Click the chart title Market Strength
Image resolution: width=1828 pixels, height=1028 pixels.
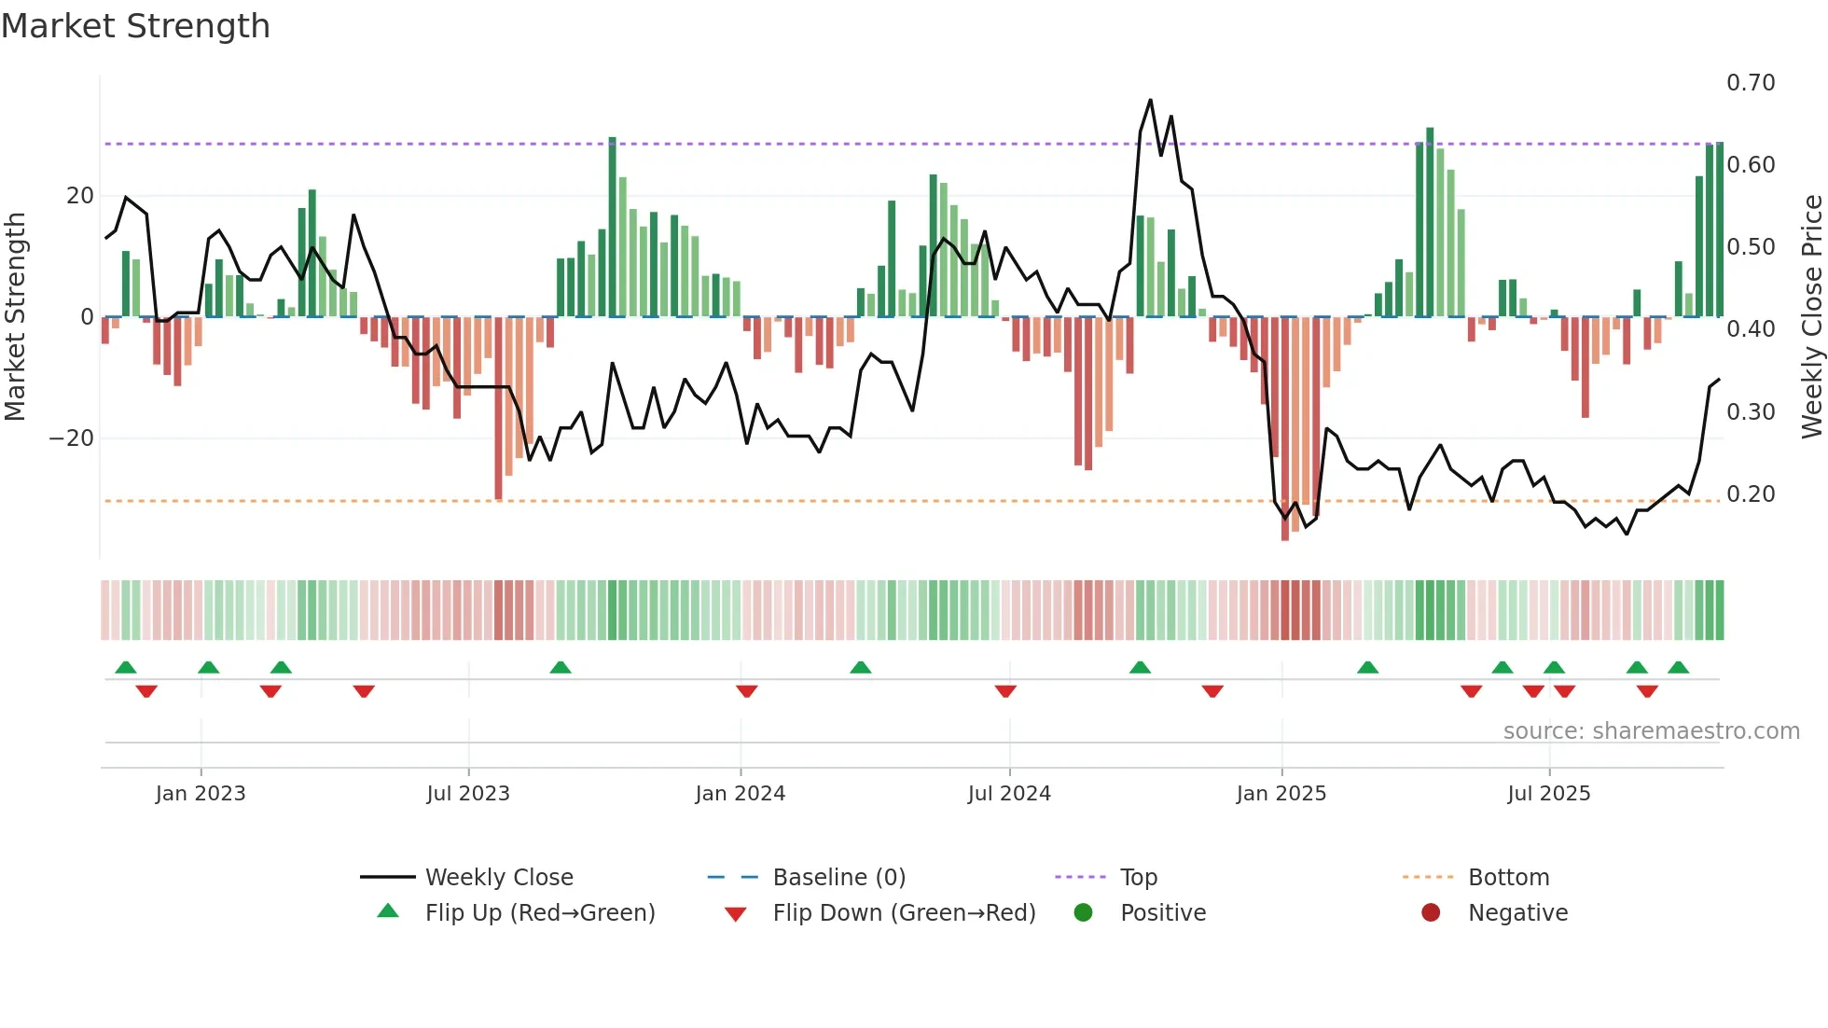pos(135,26)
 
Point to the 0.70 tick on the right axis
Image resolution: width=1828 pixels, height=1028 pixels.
pos(1751,83)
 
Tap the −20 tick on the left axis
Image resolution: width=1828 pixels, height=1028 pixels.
pos(72,438)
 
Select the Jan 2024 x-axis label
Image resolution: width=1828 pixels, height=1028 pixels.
pos(741,794)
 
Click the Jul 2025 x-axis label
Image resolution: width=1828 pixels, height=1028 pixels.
pos(1548,794)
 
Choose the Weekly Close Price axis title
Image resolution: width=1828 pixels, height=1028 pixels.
pos(1811,317)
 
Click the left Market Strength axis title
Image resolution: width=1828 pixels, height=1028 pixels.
pos(15,317)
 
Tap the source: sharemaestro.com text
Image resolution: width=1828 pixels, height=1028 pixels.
pos(1651,731)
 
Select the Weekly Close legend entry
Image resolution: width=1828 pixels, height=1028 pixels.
pos(499,878)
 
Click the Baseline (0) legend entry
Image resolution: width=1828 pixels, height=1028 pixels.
pos(838,878)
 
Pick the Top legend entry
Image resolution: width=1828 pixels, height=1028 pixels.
pos(1138,878)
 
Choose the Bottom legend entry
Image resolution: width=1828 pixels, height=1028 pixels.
pos(1508,878)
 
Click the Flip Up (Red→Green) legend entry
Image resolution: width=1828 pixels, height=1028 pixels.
pos(539,913)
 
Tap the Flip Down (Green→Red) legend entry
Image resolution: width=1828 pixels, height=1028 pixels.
pos(904,913)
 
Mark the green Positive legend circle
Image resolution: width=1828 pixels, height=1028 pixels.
pos(1083,913)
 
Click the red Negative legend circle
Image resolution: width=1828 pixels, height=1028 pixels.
pos(1431,913)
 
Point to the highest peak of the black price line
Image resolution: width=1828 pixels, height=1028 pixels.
pos(1150,100)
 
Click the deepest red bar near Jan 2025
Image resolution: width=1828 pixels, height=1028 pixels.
pos(1285,429)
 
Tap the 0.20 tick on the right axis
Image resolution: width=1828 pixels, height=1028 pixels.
pos(1751,494)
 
